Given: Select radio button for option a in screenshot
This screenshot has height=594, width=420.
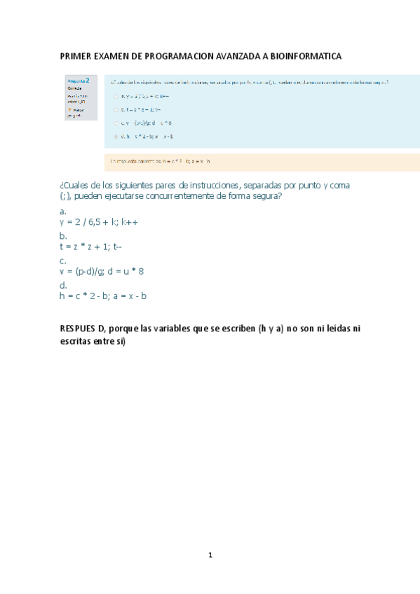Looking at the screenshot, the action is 116,96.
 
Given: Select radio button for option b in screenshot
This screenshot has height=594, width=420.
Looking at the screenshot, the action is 116,109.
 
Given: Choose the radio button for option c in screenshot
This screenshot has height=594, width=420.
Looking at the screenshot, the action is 116,123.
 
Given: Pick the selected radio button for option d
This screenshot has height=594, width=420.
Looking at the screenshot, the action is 116,136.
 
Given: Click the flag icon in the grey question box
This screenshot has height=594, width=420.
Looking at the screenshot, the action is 69,109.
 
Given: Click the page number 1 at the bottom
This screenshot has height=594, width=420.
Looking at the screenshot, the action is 210,555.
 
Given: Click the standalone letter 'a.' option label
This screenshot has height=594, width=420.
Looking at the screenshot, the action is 63,211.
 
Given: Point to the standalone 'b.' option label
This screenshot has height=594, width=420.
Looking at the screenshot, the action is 63,235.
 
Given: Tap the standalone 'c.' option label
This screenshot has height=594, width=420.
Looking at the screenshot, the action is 63,261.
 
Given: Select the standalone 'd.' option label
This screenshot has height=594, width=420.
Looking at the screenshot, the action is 63,285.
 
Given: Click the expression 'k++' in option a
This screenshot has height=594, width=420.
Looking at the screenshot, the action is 130,222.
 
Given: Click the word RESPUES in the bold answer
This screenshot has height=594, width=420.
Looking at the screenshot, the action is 79,329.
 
